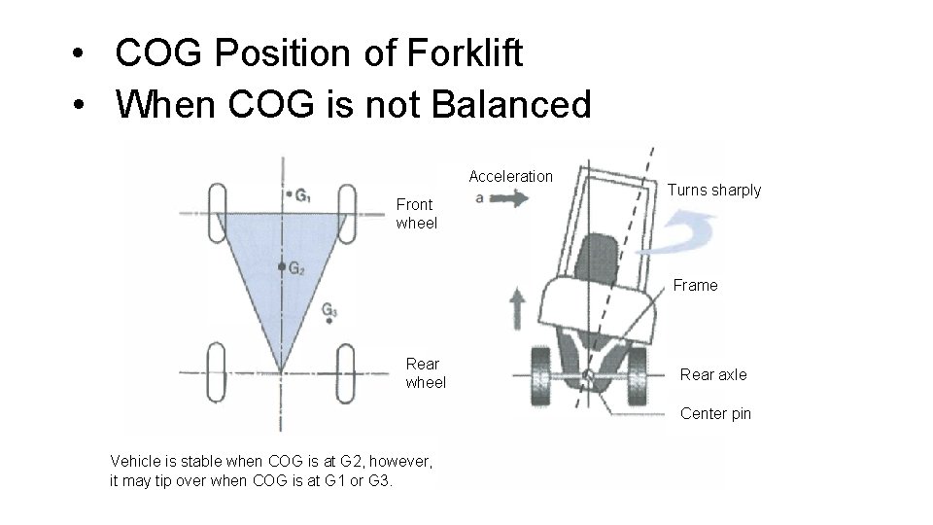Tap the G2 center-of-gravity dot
point(281,265)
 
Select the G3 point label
point(329,311)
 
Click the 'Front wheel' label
point(415,214)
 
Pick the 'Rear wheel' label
point(426,373)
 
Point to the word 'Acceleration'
point(510,176)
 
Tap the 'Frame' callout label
point(696,285)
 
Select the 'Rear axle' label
point(713,374)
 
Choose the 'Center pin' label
point(715,413)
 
